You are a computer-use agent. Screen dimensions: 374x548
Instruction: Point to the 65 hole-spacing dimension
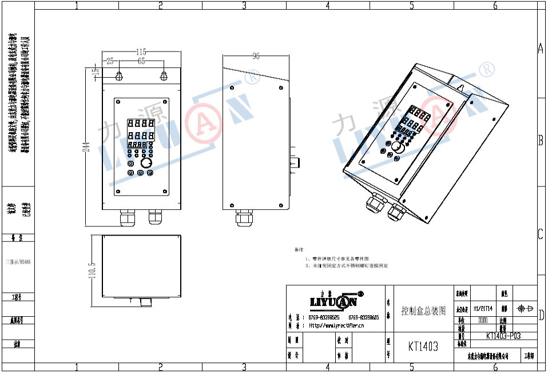[141, 61]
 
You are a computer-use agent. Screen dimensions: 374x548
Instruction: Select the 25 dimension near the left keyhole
[110, 61]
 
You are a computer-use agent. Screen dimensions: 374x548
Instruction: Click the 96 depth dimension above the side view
[256, 56]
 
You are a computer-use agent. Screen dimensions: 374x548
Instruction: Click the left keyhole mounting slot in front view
[119, 76]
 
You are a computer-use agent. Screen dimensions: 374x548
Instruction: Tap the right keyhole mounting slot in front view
[164, 76]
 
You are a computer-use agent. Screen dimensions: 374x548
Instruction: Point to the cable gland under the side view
[245, 218]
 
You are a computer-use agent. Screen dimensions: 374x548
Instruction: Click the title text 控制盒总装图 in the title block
[423, 311]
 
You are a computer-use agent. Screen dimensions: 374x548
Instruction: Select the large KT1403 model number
[423, 346]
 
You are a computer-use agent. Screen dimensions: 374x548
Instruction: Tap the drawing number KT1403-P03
[503, 336]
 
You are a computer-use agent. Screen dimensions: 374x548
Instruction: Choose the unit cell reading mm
[483, 320]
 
